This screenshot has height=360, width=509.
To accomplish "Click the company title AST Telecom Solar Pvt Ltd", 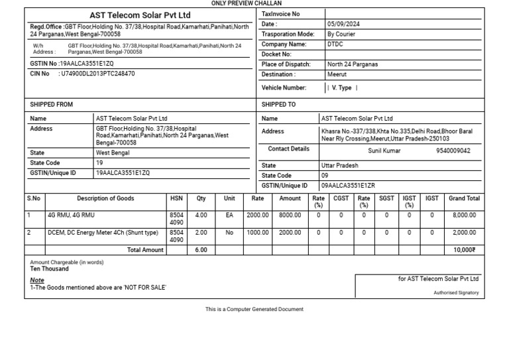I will coord(140,15).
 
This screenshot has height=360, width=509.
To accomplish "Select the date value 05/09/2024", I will coord(344,24).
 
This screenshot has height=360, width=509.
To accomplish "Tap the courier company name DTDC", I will coord(335,44).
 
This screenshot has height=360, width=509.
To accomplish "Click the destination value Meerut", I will coord(337,75).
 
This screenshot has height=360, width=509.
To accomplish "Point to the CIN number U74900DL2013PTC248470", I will coord(97,74).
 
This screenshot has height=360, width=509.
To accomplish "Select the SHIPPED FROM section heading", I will coord(52,105).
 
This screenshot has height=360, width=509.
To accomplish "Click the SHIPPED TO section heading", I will coord(278,105).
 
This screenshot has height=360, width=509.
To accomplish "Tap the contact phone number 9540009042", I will coord(453,151).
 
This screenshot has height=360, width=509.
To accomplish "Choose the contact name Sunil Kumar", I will coord(384,151).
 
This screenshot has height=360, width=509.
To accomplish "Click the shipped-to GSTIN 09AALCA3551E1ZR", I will coord(348,186).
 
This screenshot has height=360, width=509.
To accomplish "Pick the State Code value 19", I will coord(99,163).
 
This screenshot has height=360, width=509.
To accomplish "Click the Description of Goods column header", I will coord(105,198).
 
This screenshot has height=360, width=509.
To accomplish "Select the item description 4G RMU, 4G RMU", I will coord(71,215).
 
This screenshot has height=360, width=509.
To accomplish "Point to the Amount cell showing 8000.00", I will coord(290,215).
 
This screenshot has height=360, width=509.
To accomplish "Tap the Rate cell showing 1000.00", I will coord(258,233).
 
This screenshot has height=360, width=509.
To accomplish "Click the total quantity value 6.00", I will coord(201,250).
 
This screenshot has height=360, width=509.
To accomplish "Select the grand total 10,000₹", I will coord(464,250).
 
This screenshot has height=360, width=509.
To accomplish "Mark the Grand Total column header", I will coord(464,198).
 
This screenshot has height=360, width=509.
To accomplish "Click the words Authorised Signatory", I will coord(456,292).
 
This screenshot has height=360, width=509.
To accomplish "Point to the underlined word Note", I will coord(37,280).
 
